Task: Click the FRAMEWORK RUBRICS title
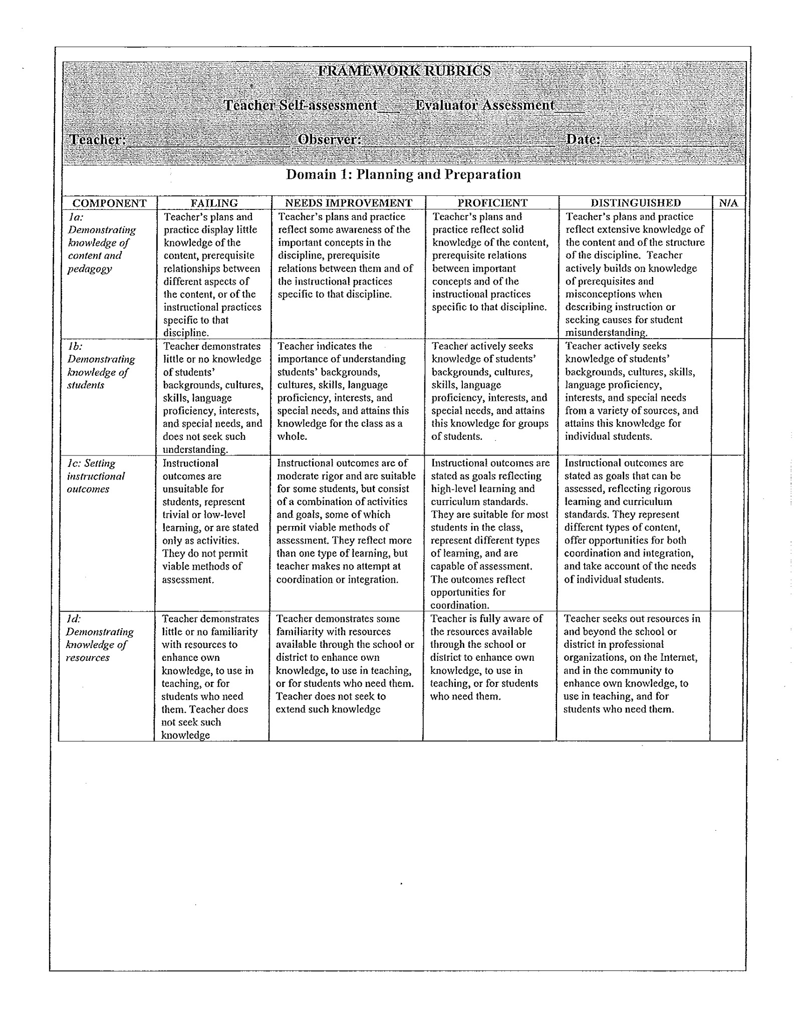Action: coord(404,71)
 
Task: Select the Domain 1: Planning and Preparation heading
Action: coord(403,175)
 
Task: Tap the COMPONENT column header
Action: coord(109,203)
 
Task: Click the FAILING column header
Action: coord(214,203)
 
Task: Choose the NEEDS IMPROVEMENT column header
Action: coord(348,203)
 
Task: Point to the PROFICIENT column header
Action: coord(492,203)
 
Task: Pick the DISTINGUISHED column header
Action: coord(636,203)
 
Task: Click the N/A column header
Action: coord(728,203)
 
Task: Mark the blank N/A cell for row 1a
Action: coord(728,274)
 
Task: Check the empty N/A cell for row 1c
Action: coord(727,533)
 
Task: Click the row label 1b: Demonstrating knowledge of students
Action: coord(100,366)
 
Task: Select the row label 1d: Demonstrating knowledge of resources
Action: coord(99,638)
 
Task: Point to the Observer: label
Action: coord(330,139)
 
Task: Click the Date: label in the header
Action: coord(583,139)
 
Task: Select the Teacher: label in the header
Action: coord(97,139)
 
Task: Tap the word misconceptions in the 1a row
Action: coord(614,295)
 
